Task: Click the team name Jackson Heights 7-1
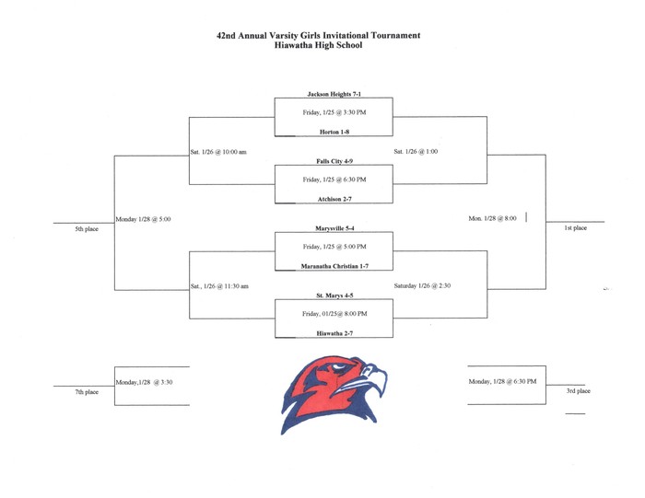click(x=334, y=94)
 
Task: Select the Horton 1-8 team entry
click(x=334, y=132)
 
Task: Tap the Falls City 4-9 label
click(x=334, y=161)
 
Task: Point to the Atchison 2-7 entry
click(x=334, y=199)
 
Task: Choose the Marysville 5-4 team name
click(x=334, y=228)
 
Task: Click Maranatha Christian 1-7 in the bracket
click(x=334, y=266)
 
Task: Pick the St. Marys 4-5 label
click(x=334, y=295)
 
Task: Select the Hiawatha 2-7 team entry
click(x=334, y=333)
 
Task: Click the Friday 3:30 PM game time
click(x=334, y=112)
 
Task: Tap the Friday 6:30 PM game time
click(x=334, y=180)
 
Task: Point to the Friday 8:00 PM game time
click(x=334, y=314)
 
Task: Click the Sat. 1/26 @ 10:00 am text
click(x=218, y=152)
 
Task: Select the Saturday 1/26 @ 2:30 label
click(x=422, y=285)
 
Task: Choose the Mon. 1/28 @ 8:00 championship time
click(x=492, y=218)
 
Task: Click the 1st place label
click(x=575, y=228)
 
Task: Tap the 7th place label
click(x=87, y=392)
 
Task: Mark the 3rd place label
click(x=578, y=390)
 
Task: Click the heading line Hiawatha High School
click(x=318, y=45)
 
